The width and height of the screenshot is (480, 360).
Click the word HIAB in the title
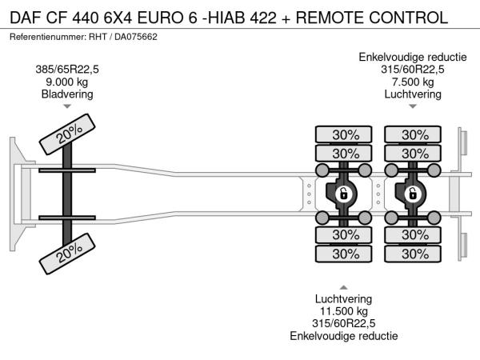[x=227, y=18]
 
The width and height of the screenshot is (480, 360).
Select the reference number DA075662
[x=136, y=37]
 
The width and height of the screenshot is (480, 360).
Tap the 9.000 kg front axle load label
[x=66, y=82]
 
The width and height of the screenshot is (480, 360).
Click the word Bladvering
[x=67, y=94]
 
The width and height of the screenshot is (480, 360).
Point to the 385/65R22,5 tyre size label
[x=67, y=70]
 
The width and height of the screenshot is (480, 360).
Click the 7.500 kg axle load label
[x=413, y=82]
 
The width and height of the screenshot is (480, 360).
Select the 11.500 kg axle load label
[x=343, y=311]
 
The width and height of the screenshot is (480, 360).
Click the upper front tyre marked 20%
[x=67, y=134]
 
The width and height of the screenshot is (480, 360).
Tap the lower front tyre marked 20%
[x=67, y=254]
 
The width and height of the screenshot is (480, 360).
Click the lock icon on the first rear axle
[x=343, y=194]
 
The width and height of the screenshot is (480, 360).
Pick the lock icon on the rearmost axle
[x=413, y=194]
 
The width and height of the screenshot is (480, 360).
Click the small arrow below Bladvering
[x=67, y=106]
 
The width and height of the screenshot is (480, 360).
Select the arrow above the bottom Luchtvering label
[x=343, y=287]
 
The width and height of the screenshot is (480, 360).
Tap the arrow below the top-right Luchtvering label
[x=413, y=106]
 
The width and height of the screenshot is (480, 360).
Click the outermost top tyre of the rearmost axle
[x=413, y=134]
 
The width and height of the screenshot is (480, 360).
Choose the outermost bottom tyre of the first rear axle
[x=343, y=254]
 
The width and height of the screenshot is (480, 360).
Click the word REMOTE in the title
[x=330, y=18]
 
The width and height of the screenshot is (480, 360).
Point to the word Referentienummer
[x=47, y=37]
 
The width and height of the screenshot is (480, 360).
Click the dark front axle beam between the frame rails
[x=67, y=194]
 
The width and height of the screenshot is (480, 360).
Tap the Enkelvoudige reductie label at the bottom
[x=343, y=336]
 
